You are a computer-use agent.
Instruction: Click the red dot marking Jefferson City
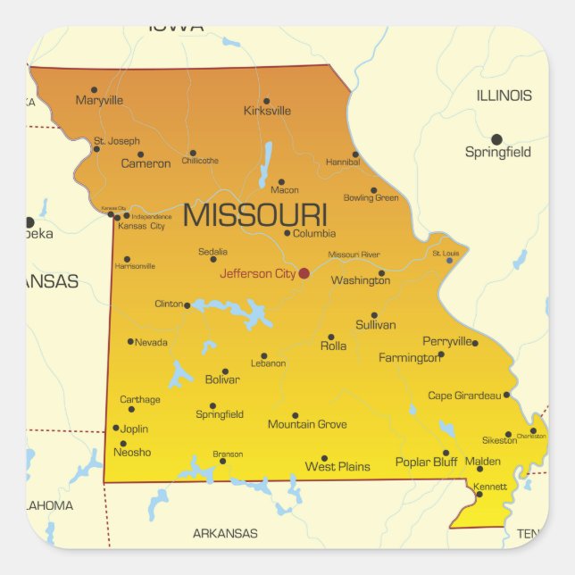click(304, 273)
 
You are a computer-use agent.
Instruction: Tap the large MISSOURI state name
click(254, 215)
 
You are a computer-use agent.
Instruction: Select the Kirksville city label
click(267, 112)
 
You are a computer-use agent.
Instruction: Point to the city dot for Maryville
click(94, 89)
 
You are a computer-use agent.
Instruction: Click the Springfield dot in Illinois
click(496, 138)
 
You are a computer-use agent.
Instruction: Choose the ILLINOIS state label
click(504, 96)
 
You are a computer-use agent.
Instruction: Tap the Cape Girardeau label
click(464, 396)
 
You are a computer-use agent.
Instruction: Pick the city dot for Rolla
click(330, 337)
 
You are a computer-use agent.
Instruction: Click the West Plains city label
click(337, 467)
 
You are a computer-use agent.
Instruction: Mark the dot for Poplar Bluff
click(446, 453)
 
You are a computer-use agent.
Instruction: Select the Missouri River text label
click(354, 255)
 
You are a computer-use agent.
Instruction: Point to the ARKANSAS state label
click(225, 534)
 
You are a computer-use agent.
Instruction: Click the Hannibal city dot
click(355, 154)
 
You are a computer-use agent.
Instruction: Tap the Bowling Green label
click(371, 198)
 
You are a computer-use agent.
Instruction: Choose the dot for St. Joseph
click(96, 148)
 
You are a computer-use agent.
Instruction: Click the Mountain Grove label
click(307, 425)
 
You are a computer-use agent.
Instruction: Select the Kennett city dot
click(479, 495)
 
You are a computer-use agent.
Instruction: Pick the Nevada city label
click(151, 343)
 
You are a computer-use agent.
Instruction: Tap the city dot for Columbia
click(287, 233)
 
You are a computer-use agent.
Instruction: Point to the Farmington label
click(409, 358)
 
